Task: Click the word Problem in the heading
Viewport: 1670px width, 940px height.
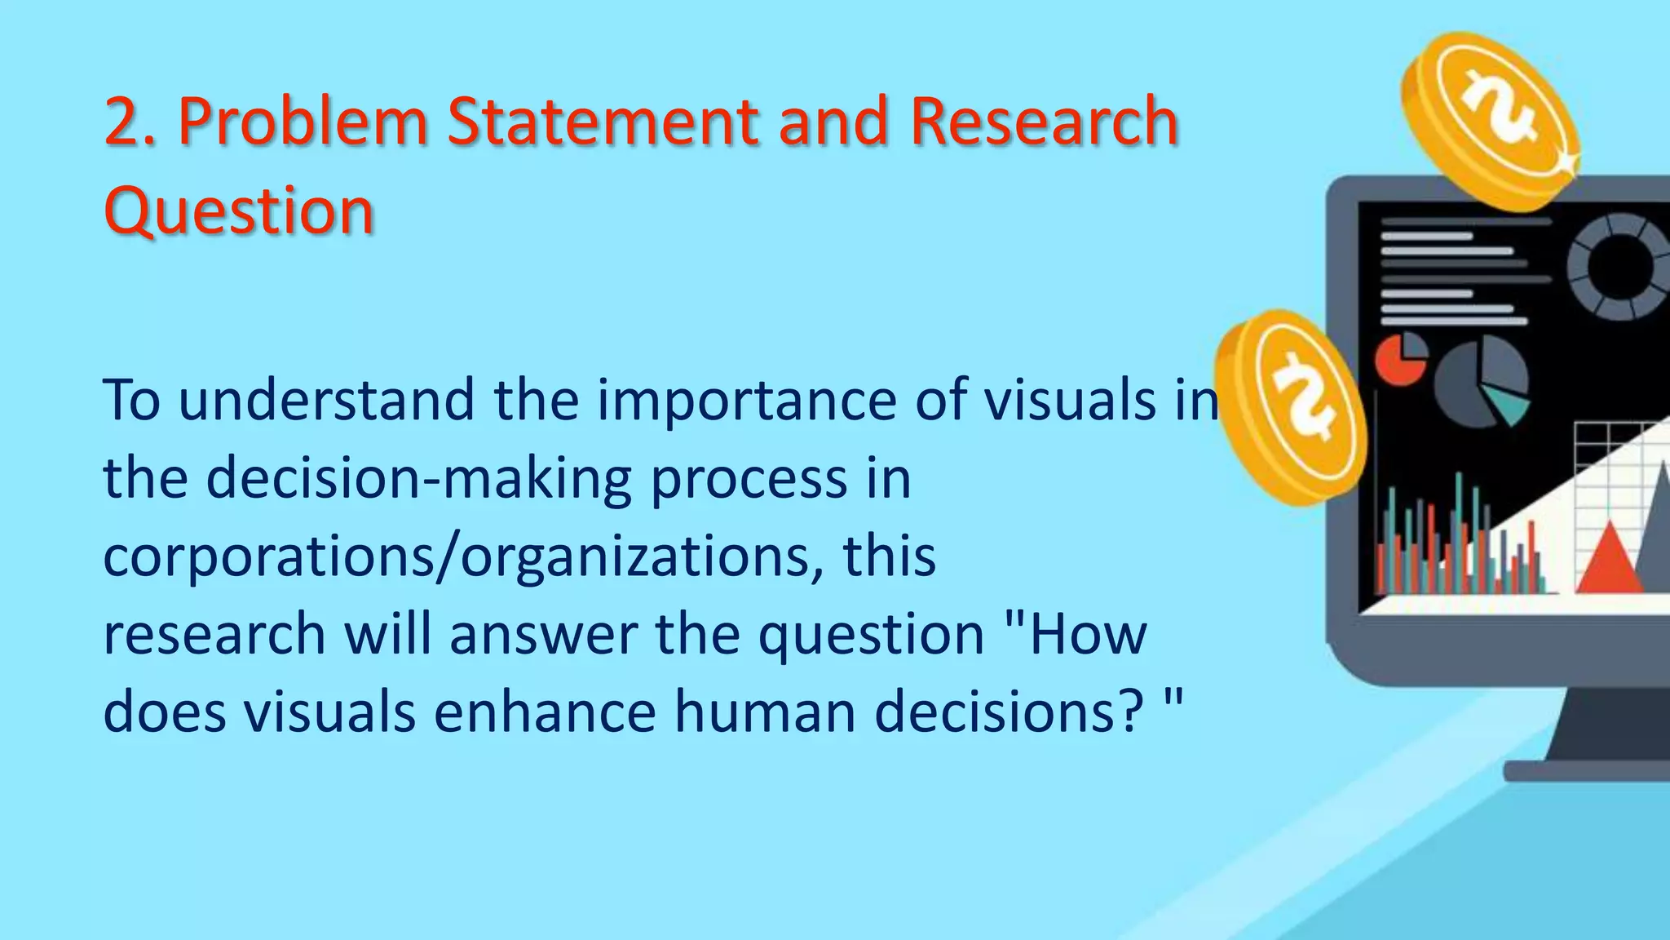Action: point(303,122)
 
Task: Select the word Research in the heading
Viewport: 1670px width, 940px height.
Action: point(1044,122)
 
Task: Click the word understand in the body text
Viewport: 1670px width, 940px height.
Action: point(326,401)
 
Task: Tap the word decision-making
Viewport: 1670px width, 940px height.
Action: point(418,479)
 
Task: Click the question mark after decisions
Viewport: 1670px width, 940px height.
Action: point(1131,712)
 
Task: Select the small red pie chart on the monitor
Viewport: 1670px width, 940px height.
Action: point(1400,359)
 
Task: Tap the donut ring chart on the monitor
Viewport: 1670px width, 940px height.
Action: point(1619,266)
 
